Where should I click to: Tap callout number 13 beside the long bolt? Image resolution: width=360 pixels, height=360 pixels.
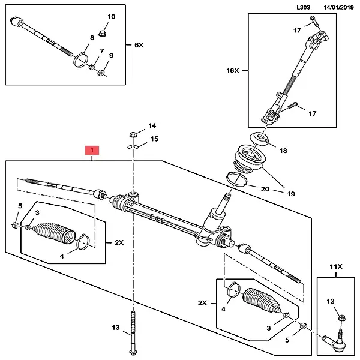pos(116,328)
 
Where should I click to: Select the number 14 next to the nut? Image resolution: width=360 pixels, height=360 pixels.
pos(152,126)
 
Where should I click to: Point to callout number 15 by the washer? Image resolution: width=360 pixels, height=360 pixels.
pos(154,139)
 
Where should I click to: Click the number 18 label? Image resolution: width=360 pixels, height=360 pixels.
pos(283,151)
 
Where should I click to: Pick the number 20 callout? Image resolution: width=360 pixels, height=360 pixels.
pos(265,189)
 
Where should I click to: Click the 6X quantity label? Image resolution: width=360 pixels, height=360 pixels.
pos(139,45)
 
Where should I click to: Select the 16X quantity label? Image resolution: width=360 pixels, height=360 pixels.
pos(233,70)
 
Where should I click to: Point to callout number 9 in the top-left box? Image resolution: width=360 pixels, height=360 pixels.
pos(112,56)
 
